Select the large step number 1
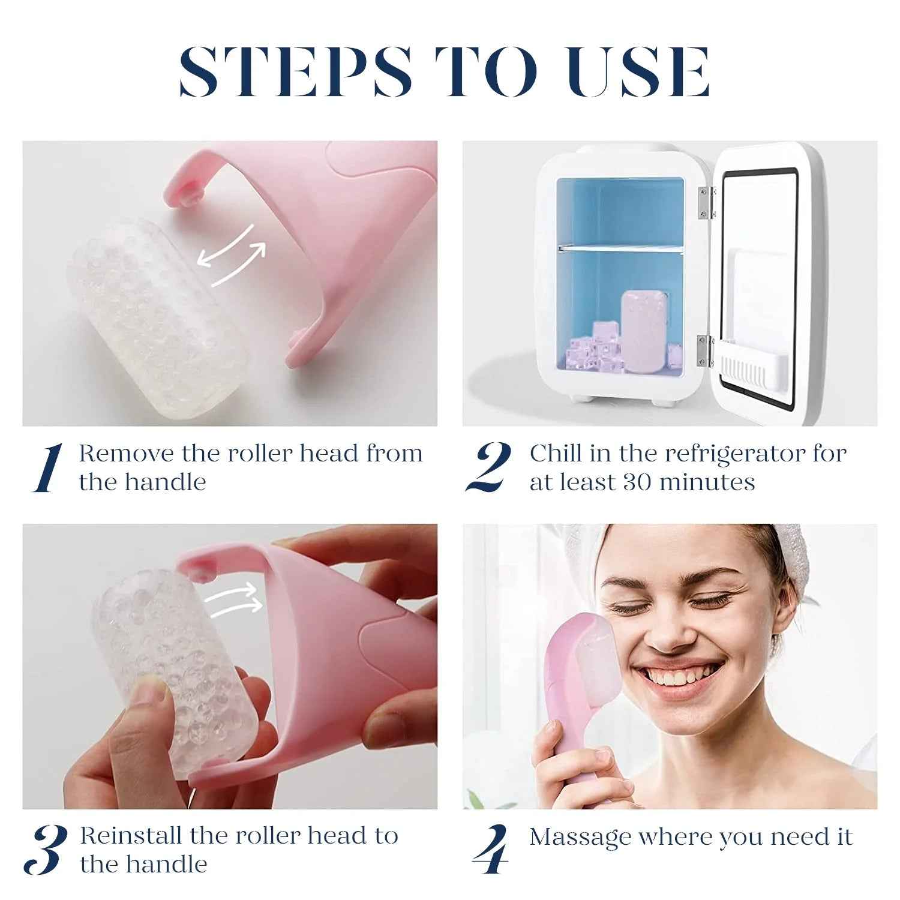48,468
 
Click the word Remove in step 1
126,454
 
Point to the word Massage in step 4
580,838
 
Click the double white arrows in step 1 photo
232,254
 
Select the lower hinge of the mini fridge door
706,351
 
